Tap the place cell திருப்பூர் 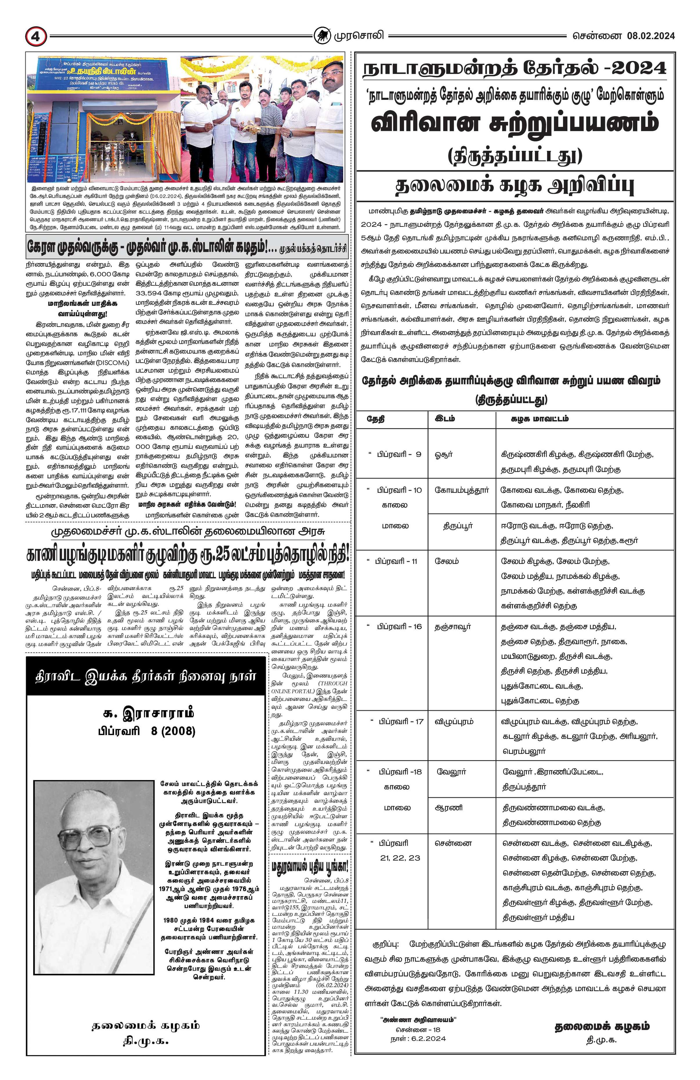point(458,525)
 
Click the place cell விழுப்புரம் point(454,721)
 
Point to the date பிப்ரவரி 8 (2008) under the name point(146,731)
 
